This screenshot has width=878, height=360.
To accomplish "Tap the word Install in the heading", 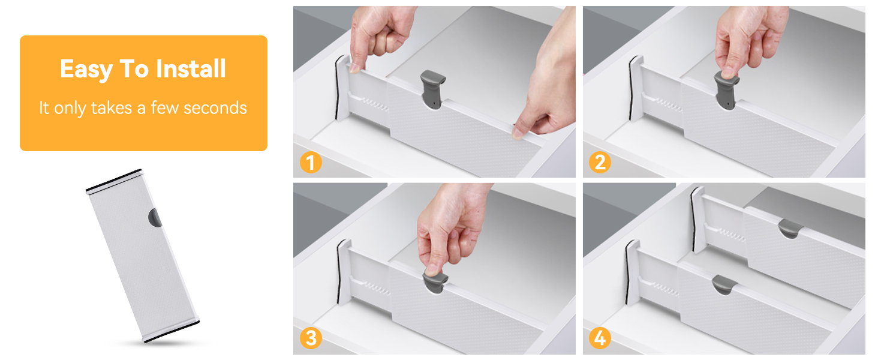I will [191, 70].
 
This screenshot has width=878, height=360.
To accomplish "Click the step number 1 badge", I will [311, 163].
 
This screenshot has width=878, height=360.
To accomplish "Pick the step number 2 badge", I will [600, 163].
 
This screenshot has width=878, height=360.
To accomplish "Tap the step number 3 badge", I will [311, 338].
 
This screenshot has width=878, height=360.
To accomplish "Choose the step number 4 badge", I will [600, 338].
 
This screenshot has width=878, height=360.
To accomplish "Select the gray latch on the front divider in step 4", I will [726, 284].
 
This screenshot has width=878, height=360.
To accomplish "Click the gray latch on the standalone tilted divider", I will [155, 217].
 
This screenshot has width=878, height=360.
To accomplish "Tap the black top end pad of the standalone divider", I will [113, 179].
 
